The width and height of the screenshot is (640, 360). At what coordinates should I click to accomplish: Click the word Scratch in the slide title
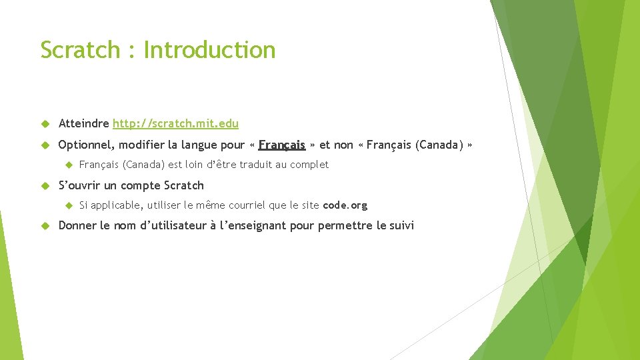point(79,50)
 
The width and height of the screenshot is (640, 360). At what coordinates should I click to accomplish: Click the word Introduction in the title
point(209,50)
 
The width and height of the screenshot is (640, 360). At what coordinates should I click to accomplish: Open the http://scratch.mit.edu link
point(175,123)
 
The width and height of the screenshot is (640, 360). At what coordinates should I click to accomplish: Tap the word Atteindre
point(84,123)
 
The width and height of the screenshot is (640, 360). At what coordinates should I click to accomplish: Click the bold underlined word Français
point(282,145)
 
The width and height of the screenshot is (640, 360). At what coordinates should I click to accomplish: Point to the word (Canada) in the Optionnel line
point(439,145)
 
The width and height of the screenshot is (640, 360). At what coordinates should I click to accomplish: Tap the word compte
point(141,185)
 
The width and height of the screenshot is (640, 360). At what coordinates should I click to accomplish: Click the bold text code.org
point(345,205)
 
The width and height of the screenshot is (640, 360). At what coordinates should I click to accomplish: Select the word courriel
point(249,205)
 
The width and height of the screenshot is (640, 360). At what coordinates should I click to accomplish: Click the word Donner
point(77,225)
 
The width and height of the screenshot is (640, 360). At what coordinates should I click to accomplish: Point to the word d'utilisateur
point(172,225)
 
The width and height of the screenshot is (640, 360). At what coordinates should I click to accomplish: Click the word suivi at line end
point(400,225)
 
